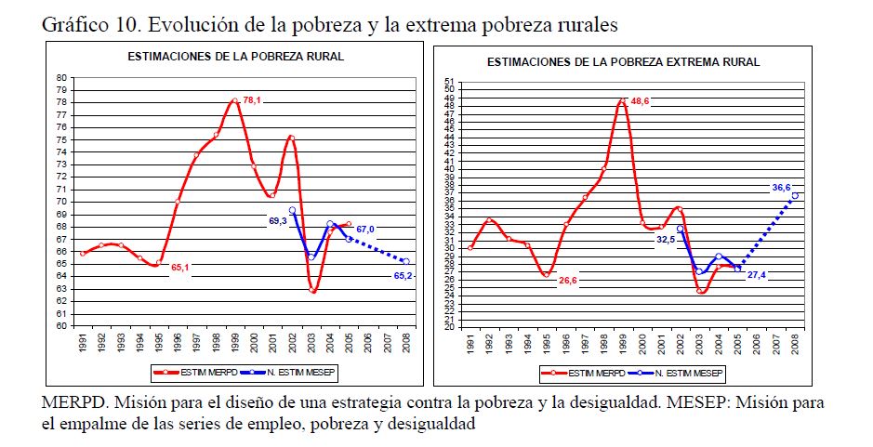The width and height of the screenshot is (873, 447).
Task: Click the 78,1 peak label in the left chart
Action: (x=252, y=101)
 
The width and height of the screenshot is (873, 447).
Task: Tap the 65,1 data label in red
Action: (x=180, y=268)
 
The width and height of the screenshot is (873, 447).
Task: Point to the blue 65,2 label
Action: (x=404, y=276)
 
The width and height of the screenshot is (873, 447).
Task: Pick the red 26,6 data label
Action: (x=567, y=280)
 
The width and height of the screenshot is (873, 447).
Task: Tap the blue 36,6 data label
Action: (x=781, y=188)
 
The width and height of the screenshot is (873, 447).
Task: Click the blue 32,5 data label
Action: (x=666, y=239)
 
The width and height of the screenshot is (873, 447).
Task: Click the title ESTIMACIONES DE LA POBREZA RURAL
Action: (x=236, y=57)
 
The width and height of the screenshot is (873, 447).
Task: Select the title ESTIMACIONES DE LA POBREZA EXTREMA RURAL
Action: (x=623, y=62)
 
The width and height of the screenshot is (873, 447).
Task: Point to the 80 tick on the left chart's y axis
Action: (x=61, y=78)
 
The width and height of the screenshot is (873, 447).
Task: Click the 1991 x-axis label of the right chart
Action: (x=471, y=345)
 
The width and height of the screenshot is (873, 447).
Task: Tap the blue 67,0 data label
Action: (x=364, y=230)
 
